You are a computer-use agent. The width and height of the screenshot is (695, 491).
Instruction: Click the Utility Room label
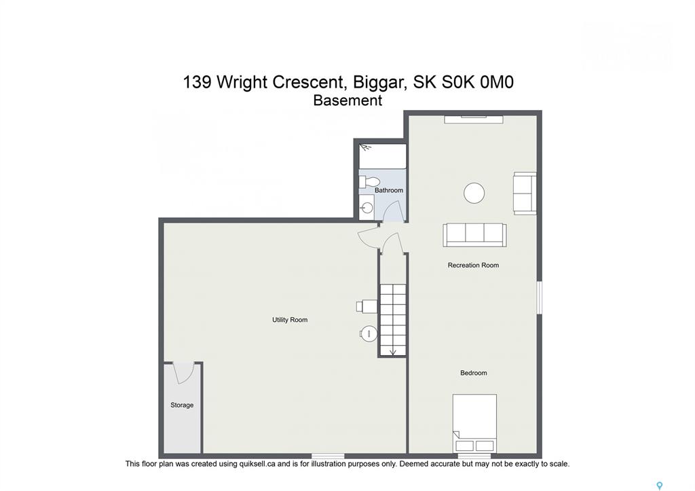tap(289, 320)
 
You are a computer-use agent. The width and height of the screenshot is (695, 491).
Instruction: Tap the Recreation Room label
tap(473, 266)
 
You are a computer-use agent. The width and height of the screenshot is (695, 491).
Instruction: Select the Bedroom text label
tap(473, 373)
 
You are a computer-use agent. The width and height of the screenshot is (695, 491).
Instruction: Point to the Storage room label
tap(182, 405)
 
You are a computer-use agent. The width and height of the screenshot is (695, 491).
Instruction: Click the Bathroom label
tap(389, 190)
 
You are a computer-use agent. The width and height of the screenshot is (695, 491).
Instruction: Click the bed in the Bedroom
tap(474, 423)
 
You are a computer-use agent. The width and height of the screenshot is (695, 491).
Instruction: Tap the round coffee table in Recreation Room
tap(474, 194)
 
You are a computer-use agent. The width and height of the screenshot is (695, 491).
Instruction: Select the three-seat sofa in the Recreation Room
tap(474, 235)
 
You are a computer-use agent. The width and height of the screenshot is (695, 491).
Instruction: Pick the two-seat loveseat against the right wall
tap(525, 194)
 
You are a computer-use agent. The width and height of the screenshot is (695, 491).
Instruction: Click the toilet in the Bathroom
tap(370, 181)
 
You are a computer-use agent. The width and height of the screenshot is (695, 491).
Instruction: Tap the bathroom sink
tap(367, 208)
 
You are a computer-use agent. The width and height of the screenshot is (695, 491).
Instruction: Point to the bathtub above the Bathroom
tap(383, 156)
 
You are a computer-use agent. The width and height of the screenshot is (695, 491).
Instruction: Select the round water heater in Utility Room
tap(369, 333)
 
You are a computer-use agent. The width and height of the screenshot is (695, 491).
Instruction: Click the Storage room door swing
tap(183, 373)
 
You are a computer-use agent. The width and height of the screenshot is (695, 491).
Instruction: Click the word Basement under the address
tap(347, 101)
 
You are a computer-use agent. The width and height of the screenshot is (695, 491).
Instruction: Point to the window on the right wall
tap(540, 297)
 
